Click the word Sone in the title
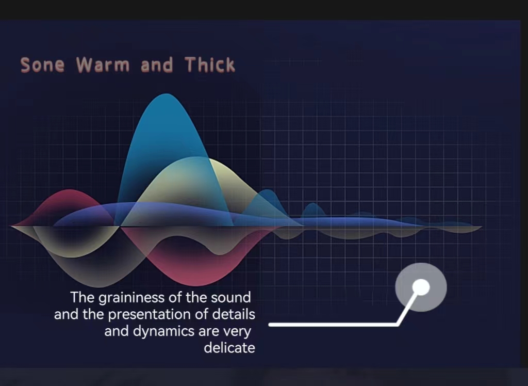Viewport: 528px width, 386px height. (42, 65)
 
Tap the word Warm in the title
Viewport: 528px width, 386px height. (103, 65)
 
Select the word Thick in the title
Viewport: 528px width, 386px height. (209, 65)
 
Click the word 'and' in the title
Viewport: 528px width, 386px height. (157, 65)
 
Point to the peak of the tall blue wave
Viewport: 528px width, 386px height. (166, 94)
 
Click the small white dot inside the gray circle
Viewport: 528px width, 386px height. (421, 287)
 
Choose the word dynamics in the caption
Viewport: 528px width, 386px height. (164, 332)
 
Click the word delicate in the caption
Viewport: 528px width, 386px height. (229, 348)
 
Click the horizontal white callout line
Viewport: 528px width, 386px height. (334, 325)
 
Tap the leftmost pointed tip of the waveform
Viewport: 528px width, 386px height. (11, 227)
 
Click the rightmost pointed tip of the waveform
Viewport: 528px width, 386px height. (482, 227)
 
